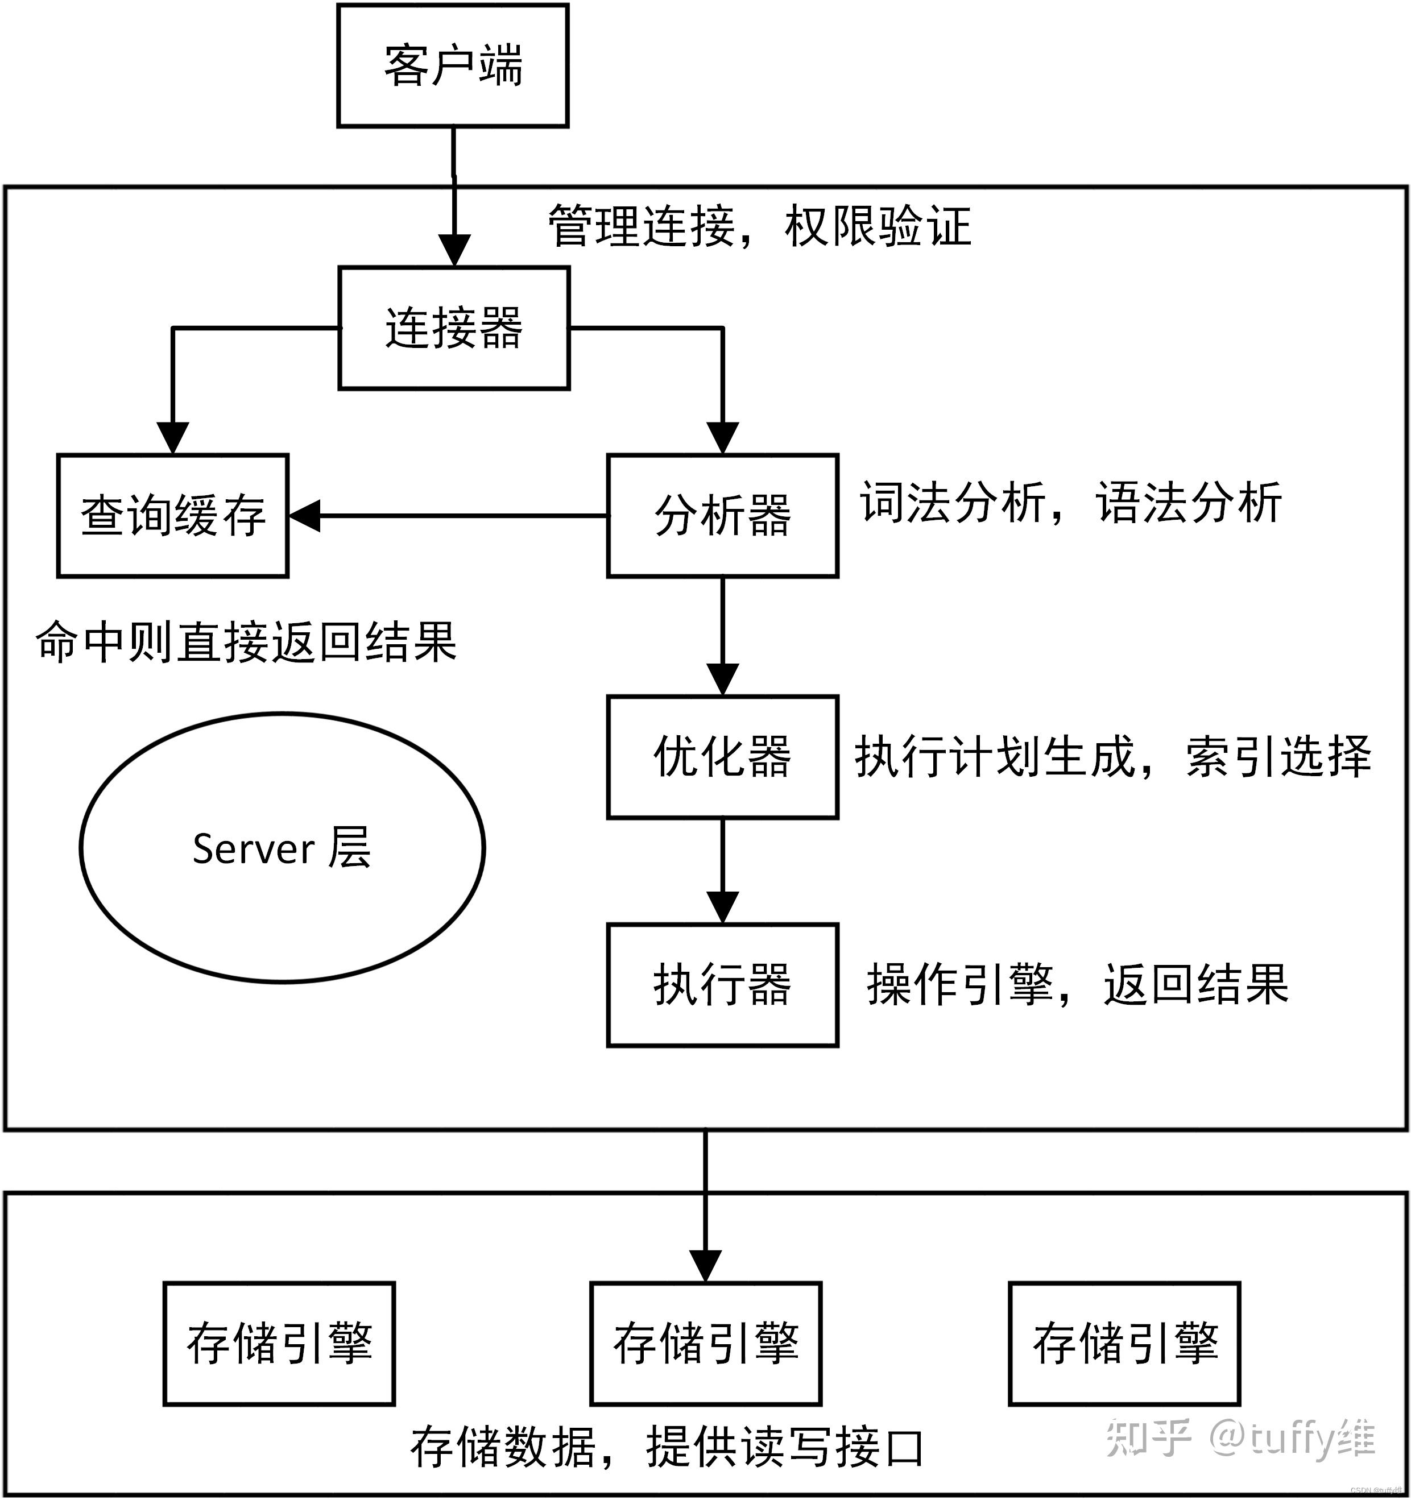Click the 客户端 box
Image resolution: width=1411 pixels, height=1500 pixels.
[452, 65]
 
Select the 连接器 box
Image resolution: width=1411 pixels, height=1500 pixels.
[453, 328]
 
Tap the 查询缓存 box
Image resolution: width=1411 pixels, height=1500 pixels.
[173, 515]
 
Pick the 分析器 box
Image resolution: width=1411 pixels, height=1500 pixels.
[722, 515]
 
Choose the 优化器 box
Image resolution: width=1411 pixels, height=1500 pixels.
[722, 757]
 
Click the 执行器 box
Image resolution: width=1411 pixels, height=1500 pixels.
[722, 985]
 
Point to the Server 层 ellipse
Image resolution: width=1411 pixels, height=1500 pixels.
[282, 847]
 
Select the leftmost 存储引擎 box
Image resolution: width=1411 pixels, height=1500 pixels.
[279, 1343]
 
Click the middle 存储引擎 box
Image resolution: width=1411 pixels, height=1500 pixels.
[705, 1343]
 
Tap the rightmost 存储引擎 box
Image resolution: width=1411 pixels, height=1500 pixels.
[1124, 1343]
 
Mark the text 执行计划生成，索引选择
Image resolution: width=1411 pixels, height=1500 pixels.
[1112, 757]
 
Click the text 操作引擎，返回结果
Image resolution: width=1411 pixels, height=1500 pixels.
[1077, 985]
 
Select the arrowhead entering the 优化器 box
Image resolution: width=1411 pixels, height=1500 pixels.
[722, 679]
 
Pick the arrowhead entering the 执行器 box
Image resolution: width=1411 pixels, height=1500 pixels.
[722, 908]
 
